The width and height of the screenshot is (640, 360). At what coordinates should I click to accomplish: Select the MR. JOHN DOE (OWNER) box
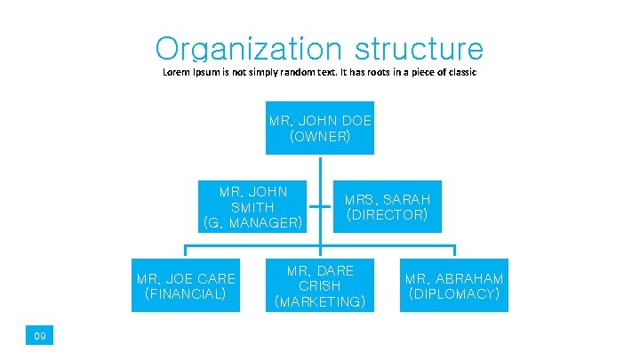pyautogui.click(x=320, y=128)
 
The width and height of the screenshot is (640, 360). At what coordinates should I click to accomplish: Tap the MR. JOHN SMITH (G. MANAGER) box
pyautogui.click(x=253, y=207)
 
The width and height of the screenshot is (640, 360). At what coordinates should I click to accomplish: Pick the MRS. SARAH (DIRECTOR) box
pyautogui.click(x=388, y=207)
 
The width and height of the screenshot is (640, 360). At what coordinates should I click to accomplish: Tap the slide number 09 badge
pyautogui.click(x=40, y=335)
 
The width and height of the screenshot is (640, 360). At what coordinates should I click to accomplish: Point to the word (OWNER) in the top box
pyautogui.click(x=320, y=137)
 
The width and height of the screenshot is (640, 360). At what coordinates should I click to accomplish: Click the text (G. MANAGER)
pyautogui.click(x=253, y=222)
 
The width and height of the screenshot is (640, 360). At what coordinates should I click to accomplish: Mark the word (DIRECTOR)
pyautogui.click(x=388, y=215)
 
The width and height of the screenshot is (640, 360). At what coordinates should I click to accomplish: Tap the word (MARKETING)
pyautogui.click(x=320, y=302)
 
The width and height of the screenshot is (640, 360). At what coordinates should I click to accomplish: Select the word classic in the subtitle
pyautogui.click(x=459, y=72)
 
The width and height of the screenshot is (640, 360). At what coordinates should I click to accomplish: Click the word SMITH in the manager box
pyautogui.click(x=253, y=207)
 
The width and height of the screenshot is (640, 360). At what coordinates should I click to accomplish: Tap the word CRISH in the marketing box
pyautogui.click(x=320, y=286)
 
